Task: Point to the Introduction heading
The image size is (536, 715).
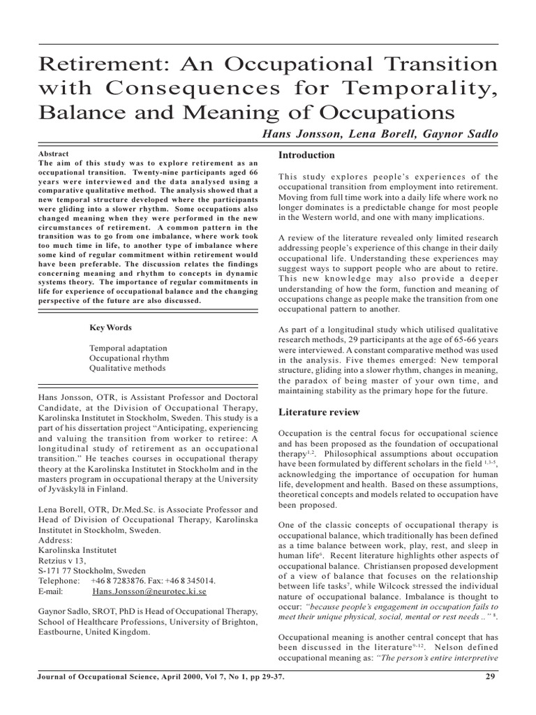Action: [x=306, y=155]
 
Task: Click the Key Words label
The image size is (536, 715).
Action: [x=110, y=327]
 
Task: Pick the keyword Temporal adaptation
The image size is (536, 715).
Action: [x=128, y=347]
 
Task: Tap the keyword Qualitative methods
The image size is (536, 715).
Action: [x=128, y=368]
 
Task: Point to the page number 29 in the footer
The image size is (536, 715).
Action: [x=489, y=677]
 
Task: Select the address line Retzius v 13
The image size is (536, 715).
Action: [x=63, y=559]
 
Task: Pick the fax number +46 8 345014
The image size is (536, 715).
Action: [x=191, y=580]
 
